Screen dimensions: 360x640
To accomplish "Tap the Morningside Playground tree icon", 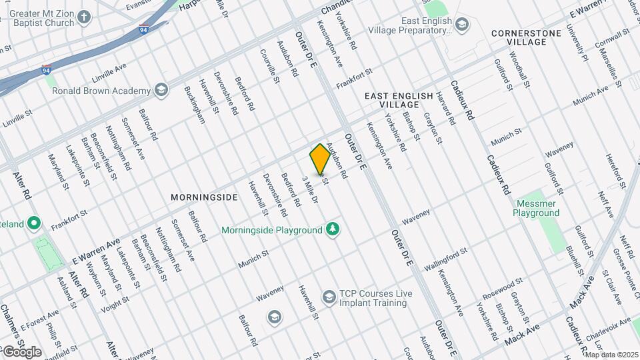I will [x=333, y=230].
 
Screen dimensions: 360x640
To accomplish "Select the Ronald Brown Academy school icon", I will [x=161, y=91].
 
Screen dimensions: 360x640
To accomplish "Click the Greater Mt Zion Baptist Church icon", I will [x=84, y=16].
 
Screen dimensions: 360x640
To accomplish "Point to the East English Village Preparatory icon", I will [x=462, y=25].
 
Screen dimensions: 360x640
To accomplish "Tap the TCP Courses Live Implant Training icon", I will [x=328, y=296].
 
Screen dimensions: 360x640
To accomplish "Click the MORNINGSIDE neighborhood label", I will [x=204, y=198].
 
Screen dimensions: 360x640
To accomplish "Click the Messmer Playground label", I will [x=536, y=208].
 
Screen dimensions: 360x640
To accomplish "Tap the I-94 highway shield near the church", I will [x=143, y=29].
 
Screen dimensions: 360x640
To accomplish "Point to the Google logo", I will [x=21, y=351].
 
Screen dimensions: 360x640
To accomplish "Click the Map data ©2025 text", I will [x=611, y=355].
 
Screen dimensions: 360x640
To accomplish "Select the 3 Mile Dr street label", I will [x=311, y=191].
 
